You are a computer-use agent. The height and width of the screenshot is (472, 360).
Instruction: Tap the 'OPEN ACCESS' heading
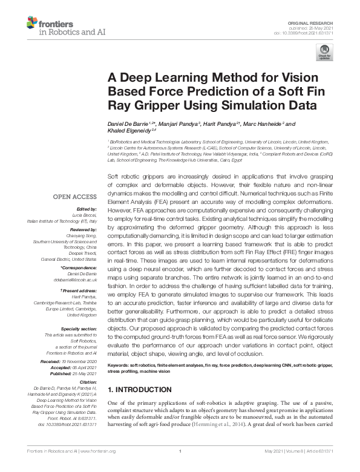(75, 197)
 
